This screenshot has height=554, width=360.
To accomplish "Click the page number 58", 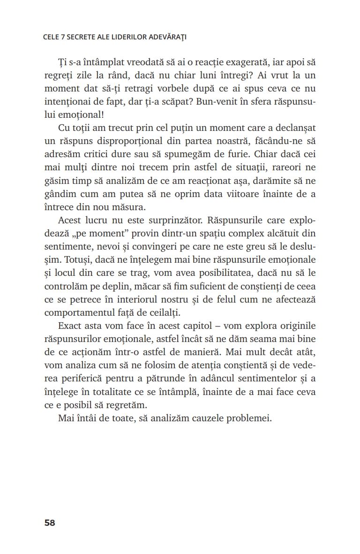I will pos(50,523).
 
